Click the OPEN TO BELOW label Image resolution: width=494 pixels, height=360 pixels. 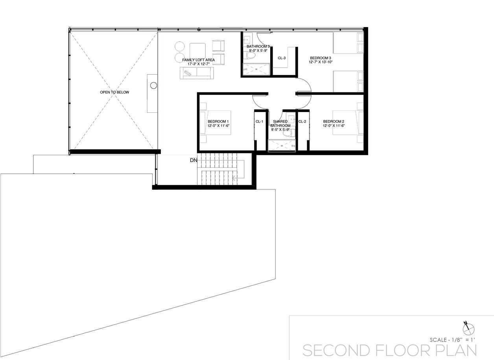pos(114,92)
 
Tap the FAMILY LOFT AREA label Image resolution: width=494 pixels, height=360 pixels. pos(198,60)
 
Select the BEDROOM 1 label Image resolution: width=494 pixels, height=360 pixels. pos(218,121)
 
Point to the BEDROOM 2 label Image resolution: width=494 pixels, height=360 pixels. pos(334,121)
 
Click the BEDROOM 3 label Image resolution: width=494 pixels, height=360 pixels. pos(321,58)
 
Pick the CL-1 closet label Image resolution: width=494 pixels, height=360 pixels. pos(259,121)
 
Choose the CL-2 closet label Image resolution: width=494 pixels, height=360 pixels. pos(302,121)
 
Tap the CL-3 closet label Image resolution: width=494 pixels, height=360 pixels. pos(282,58)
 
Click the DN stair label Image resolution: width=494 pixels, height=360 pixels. pos(194,160)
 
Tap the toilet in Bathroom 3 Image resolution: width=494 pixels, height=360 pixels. pos(250,56)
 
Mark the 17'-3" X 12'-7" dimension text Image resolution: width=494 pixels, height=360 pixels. pos(199,64)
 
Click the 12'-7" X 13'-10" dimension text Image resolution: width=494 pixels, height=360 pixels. pos(321,62)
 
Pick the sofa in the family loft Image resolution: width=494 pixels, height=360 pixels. pos(197,73)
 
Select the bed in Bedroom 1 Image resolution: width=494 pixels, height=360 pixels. pos(215,123)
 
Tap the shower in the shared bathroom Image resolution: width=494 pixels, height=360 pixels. pos(282,146)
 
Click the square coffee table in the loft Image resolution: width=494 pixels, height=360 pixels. pos(197,51)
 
